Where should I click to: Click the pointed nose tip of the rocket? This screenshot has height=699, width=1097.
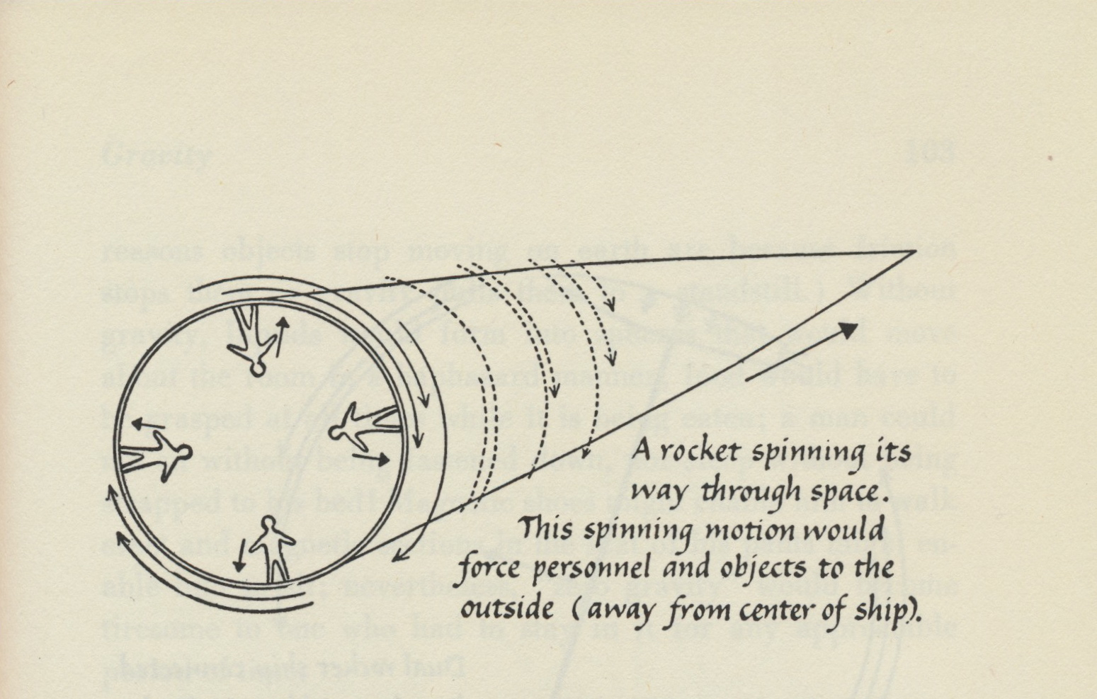coord(915,251)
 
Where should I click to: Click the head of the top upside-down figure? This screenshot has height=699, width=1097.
coord(256,368)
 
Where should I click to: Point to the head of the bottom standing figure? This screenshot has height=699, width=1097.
coord(268,524)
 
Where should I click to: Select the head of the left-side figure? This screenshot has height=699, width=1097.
coord(185,453)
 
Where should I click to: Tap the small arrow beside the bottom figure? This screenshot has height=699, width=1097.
coord(239,555)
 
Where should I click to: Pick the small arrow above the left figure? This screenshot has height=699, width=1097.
coord(147,426)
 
